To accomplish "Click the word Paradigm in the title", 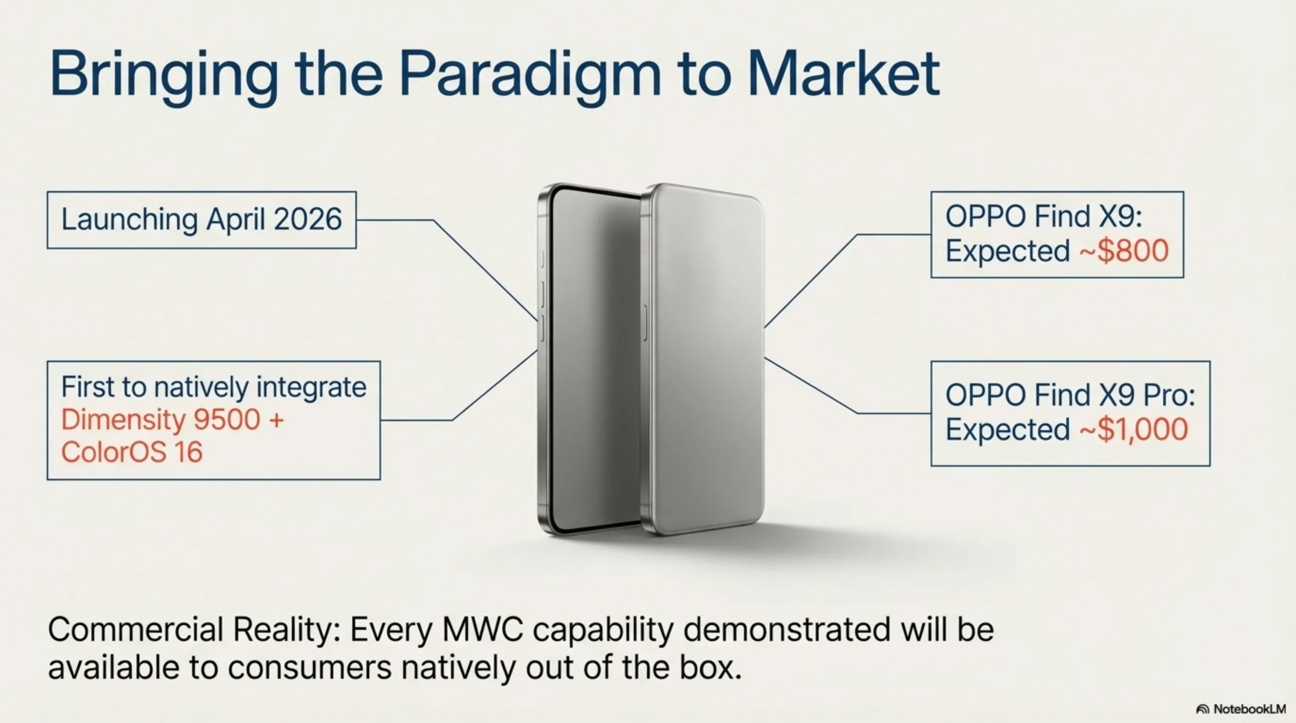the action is point(530,75).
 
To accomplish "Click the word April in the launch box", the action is point(236,220).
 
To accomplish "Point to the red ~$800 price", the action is point(1124,251).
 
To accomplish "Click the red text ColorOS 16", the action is point(132,451).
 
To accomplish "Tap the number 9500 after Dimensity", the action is point(227,419).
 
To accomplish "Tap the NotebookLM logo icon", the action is point(1203,709).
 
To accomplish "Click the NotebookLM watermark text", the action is point(1250,709).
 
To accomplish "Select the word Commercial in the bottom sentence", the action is point(135,629).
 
